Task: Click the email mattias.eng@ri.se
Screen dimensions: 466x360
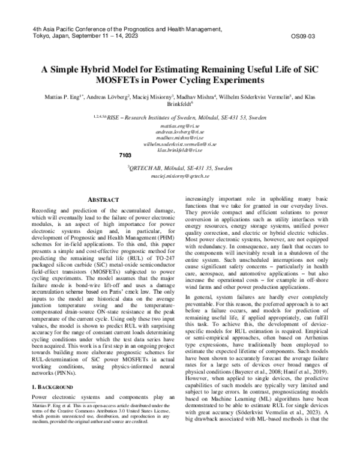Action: point(180,128)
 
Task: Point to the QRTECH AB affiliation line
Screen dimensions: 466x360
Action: point(180,170)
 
